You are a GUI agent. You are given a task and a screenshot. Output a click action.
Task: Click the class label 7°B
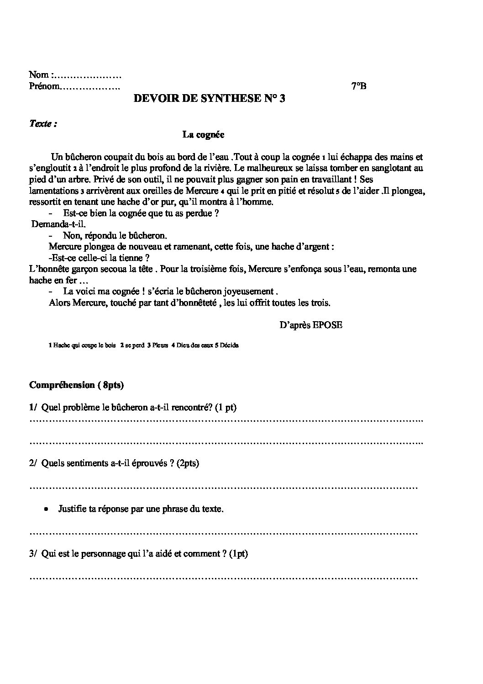359,86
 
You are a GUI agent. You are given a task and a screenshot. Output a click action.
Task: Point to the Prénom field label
44,86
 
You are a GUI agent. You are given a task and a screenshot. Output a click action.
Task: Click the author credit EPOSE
326,325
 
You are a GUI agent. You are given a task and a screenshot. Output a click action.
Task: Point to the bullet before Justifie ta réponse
46,509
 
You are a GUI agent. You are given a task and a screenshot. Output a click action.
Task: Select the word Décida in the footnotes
229,345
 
